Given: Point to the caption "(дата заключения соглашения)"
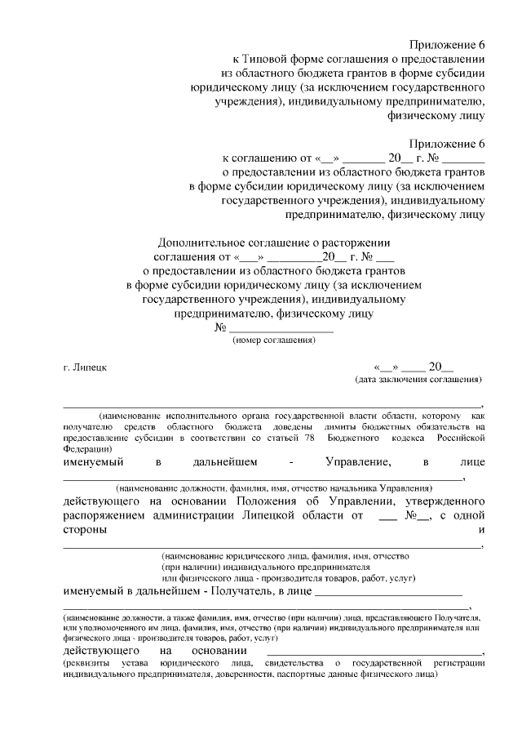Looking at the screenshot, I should point(418,380).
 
